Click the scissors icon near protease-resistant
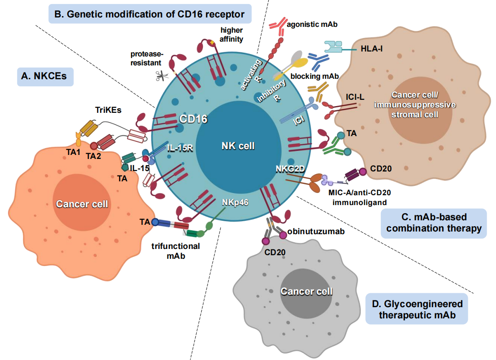tap(162, 76)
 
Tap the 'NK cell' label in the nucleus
tap(238, 146)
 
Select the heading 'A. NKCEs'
tap(45, 77)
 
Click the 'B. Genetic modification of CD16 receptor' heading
tap(150, 14)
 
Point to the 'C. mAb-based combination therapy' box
tap(434, 223)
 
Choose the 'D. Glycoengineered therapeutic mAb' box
tap(417, 309)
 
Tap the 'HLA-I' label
tap(371, 49)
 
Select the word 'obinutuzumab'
tap(316, 231)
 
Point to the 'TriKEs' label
tap(108, 110)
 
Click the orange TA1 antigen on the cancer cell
tap(78, 139)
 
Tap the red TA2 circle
tap(94, 146)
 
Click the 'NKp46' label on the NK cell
tap(235, 202)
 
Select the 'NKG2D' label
tap(290, 169)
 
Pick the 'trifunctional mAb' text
tap(176, 251)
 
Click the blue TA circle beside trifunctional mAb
tap(155, 222)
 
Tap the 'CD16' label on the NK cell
tap(193, 119)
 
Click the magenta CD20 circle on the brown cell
tap(362, 171)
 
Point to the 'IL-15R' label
tap(180, 148)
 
